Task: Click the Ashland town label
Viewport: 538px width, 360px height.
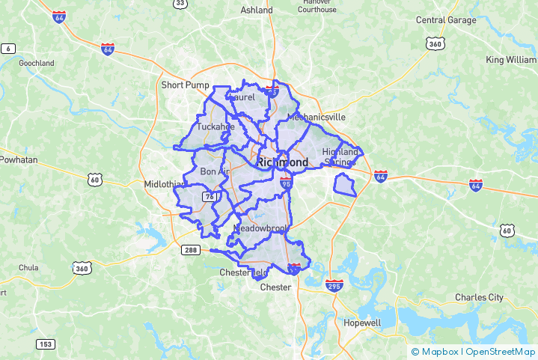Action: [x=257, y=10]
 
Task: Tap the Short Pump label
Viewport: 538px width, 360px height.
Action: [x=186, y=85]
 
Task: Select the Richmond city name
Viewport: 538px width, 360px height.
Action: [x=282, y=162]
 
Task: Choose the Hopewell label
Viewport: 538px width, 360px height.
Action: [x=362, y=323]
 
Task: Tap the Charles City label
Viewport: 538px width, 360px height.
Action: [x=480, y=297]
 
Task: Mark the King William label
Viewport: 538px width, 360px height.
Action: [x=511, y=60]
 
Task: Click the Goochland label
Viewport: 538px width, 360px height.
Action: [x=37, y=64]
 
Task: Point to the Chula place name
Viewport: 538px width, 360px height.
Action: [x=28, y=267]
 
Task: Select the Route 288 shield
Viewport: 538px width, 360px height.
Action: [x=190, y=250]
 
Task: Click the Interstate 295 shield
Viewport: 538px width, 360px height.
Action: [x=334, y=286]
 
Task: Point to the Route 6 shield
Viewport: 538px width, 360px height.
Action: [x=8, y=49]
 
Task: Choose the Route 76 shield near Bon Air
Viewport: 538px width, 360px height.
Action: [x=210, y=197]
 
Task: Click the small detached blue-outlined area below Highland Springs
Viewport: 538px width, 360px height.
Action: [x=344, y=184]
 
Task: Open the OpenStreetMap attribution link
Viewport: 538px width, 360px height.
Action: [x=500, y=352]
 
